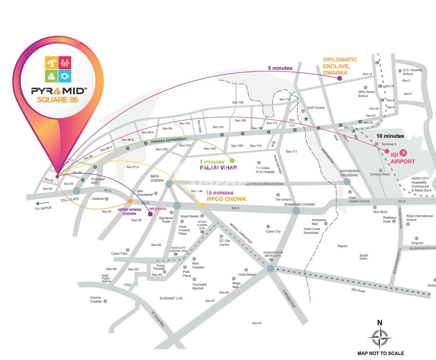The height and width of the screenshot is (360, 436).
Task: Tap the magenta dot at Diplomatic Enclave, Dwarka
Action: [x=339, y=78]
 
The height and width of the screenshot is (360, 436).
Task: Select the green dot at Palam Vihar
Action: [x=232, y=161]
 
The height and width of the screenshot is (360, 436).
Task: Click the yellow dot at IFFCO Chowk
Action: [x=202, y=205]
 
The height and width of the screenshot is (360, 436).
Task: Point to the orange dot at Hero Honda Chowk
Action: [x=130, y=201]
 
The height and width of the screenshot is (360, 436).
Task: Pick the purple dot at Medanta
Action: [x=150, y=214]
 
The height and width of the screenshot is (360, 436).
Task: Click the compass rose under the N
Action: [x=380, y=338]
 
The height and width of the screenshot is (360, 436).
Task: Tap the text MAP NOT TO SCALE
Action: [x=380, y=353]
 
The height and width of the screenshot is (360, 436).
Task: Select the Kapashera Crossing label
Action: [x=349, y=173]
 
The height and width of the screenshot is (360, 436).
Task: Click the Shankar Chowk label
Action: [x=299, y=204]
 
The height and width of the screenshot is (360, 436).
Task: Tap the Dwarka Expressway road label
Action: [x=169, y=141]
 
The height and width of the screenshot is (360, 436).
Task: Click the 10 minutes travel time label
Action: [x=390, y=136]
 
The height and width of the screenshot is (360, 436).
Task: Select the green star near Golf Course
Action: [x=306, y=119]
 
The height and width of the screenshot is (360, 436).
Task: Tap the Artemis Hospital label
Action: [x=96, y=299]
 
